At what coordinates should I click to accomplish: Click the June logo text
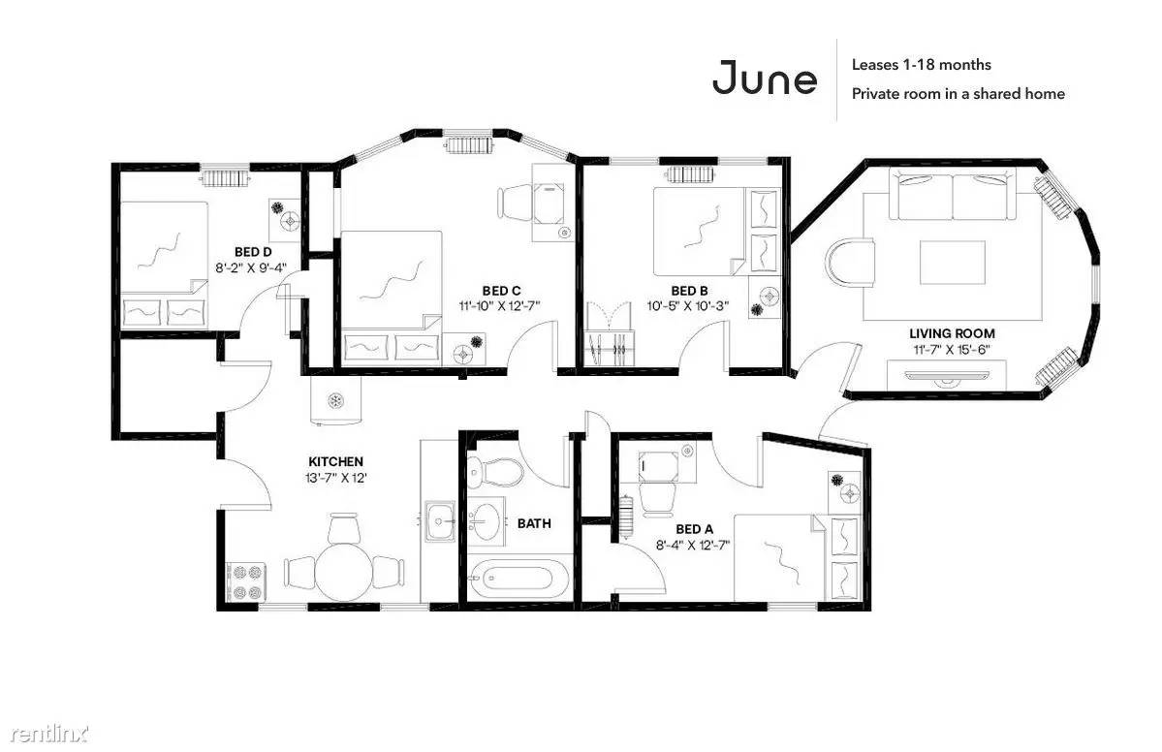tap(765, 78)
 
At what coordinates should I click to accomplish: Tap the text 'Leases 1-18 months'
tap(921, 65)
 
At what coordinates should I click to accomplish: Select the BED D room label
tap(253, 252)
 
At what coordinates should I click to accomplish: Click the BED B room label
tap(689, 291)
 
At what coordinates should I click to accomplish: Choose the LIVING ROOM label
tap(953, 333)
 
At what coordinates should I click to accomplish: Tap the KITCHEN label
tap(335, 461)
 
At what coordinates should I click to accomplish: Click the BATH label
tap(534, 523)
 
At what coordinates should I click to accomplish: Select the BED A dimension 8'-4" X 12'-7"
tap(693, 546)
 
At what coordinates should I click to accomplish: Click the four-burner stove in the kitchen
tap(246, 582)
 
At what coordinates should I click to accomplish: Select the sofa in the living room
tap(953, 194)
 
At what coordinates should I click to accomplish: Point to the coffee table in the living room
tap(953, 263)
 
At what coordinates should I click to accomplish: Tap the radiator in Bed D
tap(225, 177)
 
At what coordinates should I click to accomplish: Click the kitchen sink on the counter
tap(440, 521)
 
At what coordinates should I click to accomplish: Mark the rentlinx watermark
tap(49, 734)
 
